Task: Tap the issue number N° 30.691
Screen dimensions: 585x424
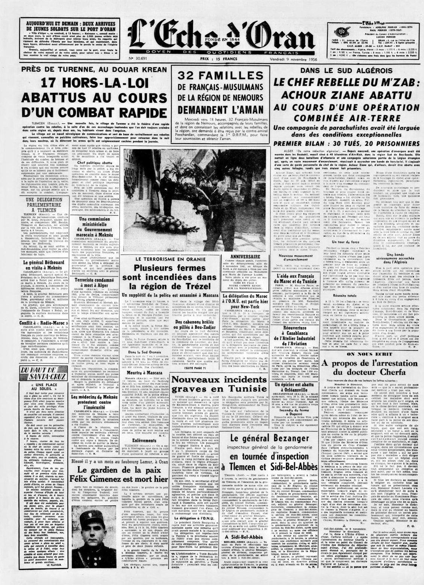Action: (x=139, y=59)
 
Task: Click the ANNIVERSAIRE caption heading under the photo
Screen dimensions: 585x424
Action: (x=245, y=257)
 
